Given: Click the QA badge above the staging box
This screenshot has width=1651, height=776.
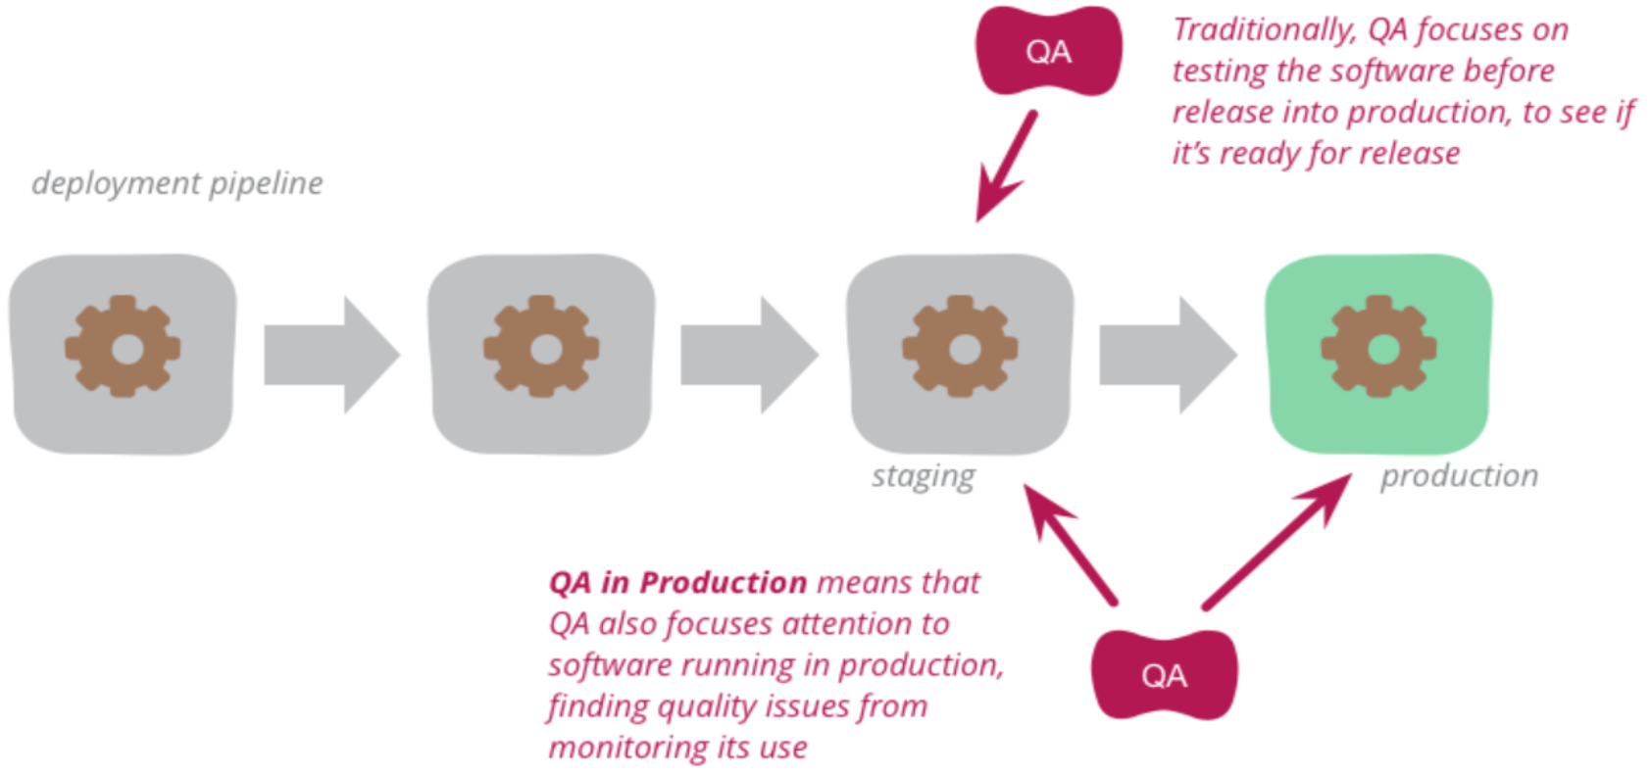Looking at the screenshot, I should click(1047, 51).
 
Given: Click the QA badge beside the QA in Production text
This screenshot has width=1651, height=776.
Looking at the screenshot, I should click(1164, 675).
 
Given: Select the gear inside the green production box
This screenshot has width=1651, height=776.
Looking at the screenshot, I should click(1378, 347).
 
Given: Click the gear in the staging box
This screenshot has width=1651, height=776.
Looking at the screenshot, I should click(960, 347).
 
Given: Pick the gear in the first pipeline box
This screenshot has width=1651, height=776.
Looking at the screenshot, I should click(123, 347).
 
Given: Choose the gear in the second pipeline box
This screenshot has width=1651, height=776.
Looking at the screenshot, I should click(541, 347).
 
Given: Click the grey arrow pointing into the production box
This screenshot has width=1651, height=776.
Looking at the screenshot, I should click(1167, 355).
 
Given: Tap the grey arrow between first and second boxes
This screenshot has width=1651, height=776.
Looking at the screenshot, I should click(331, 355).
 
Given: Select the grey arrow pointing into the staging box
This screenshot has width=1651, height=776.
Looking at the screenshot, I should click(749, 355).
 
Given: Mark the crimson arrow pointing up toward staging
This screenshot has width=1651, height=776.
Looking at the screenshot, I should click(1070, 545).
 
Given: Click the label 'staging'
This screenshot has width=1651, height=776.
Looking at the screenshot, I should click(923, 477).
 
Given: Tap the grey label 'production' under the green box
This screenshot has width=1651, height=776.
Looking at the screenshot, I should click(1459, 476).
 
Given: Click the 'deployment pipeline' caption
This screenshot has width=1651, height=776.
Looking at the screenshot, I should click(176, 183).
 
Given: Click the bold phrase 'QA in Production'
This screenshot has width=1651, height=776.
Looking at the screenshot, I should click(677, 583).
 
